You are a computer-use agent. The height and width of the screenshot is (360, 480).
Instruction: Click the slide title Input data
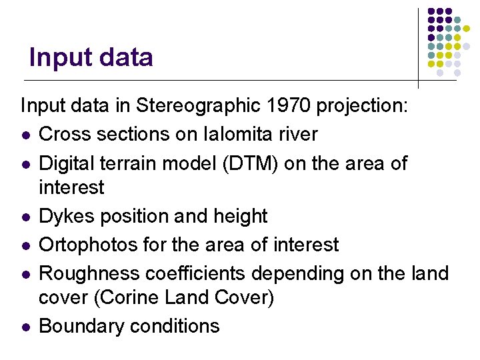coord(91,57)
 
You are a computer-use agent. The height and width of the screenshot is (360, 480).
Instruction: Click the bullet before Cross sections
coord(25,135)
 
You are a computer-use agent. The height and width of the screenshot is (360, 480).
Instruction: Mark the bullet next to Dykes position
coord(25,217)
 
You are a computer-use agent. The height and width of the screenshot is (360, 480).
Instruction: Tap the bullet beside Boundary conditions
coord(25,327)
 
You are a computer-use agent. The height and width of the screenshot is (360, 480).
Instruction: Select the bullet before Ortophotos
coord(25,245)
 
